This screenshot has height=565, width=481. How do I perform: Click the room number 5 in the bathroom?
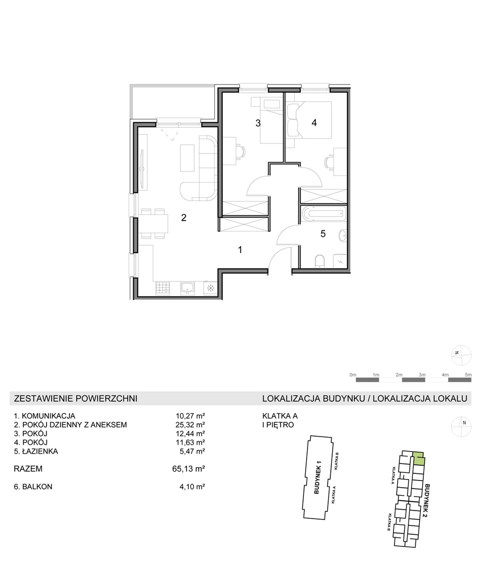pyautogui.click(x=323, y=234)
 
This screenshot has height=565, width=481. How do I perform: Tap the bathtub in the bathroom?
pyautogui.click(x=324, y=213)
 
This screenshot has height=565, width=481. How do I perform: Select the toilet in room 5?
pyautogui.click(x=320, y=261)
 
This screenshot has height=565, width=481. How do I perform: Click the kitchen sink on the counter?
pyautogui.click(x=187, y=288)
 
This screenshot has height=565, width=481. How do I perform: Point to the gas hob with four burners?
pyautogui.click(x=163, y=288)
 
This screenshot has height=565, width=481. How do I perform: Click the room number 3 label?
pyautogui.click(x=258, y=123)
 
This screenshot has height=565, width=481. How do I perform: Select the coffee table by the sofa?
pyautogui.click(x=187, y=158)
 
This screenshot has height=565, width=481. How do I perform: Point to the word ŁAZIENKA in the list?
pyautogui.click(x=40, y=451)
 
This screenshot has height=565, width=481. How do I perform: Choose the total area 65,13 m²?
pyautogui.click(x=189, y=469)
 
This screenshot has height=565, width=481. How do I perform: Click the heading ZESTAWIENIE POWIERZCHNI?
pyautogui.click(x=76, y=398)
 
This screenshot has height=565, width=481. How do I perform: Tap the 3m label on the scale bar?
pyautogui.click(x=422, y=375)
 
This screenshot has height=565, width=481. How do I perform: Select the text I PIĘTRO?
pyautogui.click(x=278, y=425)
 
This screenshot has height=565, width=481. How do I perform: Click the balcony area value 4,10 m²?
pyautogui.click(x=192, y=486)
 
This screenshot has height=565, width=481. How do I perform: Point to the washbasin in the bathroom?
pyautogui.click(x=342, y=236)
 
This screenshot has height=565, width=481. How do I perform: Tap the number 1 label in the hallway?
pyautogui.click(x=240, y=249)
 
